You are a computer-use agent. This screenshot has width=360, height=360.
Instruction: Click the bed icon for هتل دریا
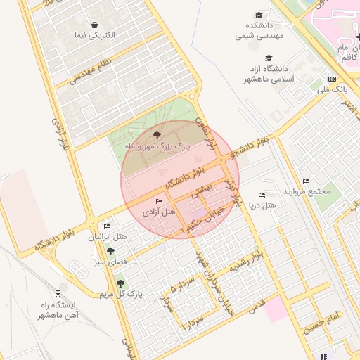click(x=262, y=195)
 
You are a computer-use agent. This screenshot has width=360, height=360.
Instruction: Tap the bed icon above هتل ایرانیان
click(x=106, y=226)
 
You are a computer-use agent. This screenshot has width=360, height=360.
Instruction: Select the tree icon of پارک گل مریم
click(x=121, y=283)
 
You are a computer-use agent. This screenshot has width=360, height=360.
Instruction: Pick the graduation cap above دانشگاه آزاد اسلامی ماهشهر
click(x=267, y=58)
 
